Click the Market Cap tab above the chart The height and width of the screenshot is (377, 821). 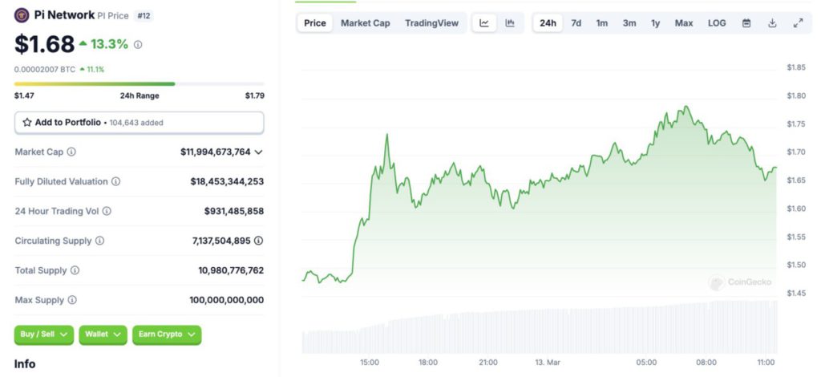(x=365, y=23)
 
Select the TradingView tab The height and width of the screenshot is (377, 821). (x=431, y=23)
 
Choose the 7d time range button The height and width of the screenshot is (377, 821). (x=576, y=23)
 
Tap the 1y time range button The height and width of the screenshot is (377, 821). (x=655, y=23)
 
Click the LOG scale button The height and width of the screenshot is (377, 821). (x=716, y=23)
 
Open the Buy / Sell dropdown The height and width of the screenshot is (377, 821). (x=43, y=334)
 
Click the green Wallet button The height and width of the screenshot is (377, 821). (x=103, y=334)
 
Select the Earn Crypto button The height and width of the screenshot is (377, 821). (x=166, y=334)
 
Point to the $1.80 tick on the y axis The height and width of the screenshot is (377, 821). (x=796, y=95)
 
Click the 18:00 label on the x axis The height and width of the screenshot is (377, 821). (x=428, y=363)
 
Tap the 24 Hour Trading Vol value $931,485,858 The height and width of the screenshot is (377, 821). (x=233, y=211)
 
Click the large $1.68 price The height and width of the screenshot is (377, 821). (x=44, y=44)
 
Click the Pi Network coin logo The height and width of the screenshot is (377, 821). (x=21, y=15)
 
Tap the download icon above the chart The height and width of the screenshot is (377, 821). (x=772, y=23)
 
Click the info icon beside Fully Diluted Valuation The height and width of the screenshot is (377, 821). (x=115, y=181)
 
